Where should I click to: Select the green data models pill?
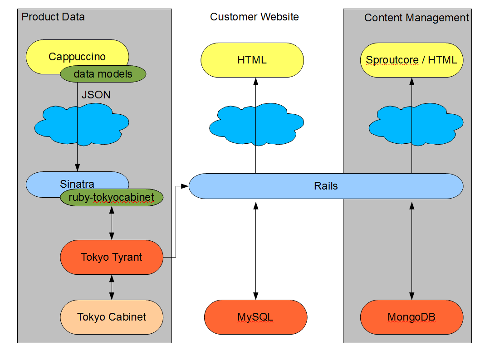103,74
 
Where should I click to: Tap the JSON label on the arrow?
96,95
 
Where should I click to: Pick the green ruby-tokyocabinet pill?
111,197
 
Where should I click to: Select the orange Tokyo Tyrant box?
112,257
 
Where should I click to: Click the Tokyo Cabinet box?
112,317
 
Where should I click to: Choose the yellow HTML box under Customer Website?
252,60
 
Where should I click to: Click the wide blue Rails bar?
326,186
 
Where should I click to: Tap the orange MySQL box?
255,317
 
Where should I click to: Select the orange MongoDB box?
411,317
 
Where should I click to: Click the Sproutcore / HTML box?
411,60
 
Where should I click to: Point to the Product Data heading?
53,17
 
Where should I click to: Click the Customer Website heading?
255,17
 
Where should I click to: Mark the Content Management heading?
416,18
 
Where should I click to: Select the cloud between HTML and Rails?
236,125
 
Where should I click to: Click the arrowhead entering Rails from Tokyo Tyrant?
185,185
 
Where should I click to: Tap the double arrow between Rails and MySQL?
255,249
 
